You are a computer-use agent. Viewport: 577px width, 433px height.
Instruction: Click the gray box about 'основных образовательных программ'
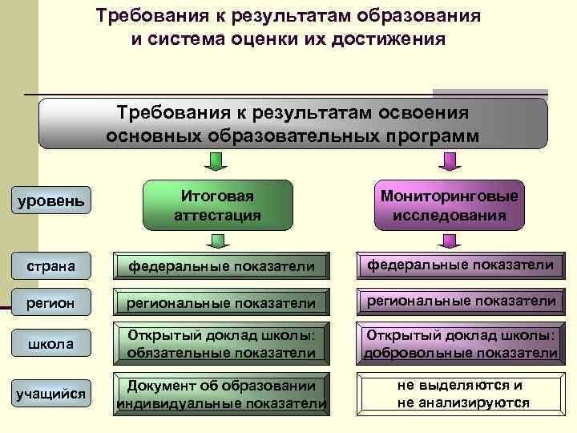pyautogui.click(x=293, y=123)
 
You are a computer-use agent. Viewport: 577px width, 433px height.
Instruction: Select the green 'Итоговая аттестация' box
pyautogui.click(x=216, y=206)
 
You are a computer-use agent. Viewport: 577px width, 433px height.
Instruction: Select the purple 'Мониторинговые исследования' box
pyautogui.click(x=449, y=206)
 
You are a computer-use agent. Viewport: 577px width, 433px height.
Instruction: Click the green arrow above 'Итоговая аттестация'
pyautogui.click(x=216, y=164)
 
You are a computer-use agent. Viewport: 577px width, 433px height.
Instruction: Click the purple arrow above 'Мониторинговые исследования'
pyautogui.click(x=449, y=164)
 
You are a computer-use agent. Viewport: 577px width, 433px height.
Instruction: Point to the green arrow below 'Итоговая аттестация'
pyautogui.click(x=216, y=241)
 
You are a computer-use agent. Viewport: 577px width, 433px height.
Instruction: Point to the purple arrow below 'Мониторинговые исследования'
pyautogui.click(x=449, y=241)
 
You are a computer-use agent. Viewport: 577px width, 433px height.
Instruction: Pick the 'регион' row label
pyautogui.click(x=51, y=302)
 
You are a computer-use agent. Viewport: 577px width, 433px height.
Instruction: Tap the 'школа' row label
pyautogui.click(x=51, y=344)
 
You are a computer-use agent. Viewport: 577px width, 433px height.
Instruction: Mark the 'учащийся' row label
pyautogui.click(x=51, y=392)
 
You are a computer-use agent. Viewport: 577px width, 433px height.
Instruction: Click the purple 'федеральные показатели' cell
pyautogui.click(x=460, y=265)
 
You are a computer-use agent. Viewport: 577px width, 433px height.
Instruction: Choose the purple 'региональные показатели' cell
pyautogui.click(x=460, y=301)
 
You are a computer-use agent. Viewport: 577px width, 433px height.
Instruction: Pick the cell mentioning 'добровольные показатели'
pyautogui.click(x=460, y=344)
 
